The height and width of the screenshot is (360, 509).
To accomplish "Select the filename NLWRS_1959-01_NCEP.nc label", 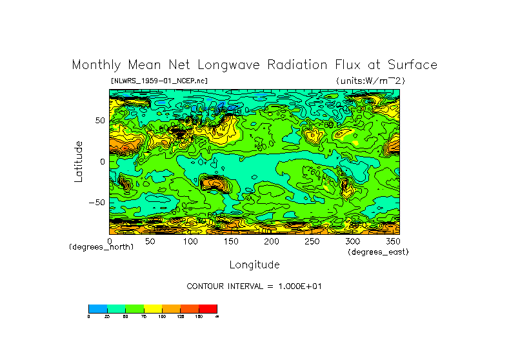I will coord(159,81).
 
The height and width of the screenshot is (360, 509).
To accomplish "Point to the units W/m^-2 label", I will coord(370,81).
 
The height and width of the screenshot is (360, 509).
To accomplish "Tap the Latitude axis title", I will coord(78,161).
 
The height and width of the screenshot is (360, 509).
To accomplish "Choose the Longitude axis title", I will coord(254,265).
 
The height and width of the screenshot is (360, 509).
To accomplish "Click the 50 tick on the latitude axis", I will coord(100,121).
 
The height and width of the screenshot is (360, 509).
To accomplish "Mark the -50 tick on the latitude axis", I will coord(97,202).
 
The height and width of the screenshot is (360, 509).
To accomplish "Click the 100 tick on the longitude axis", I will coord(190,241).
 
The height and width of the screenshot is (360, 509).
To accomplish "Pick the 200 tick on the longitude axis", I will coord(271,241).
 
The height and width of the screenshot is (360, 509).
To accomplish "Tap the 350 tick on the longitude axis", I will coord(392,241).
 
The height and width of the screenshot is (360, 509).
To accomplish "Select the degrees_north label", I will coord(101,247).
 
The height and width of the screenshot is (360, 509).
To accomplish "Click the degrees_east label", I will coord(378,252).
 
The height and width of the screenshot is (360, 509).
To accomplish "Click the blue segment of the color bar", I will coord(97,308).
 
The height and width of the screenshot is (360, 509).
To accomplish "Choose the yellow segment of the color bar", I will coord(153,308).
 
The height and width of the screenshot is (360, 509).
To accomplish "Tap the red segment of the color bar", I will coord(208,308).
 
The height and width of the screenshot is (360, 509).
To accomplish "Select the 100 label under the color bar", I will coord(162,317).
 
